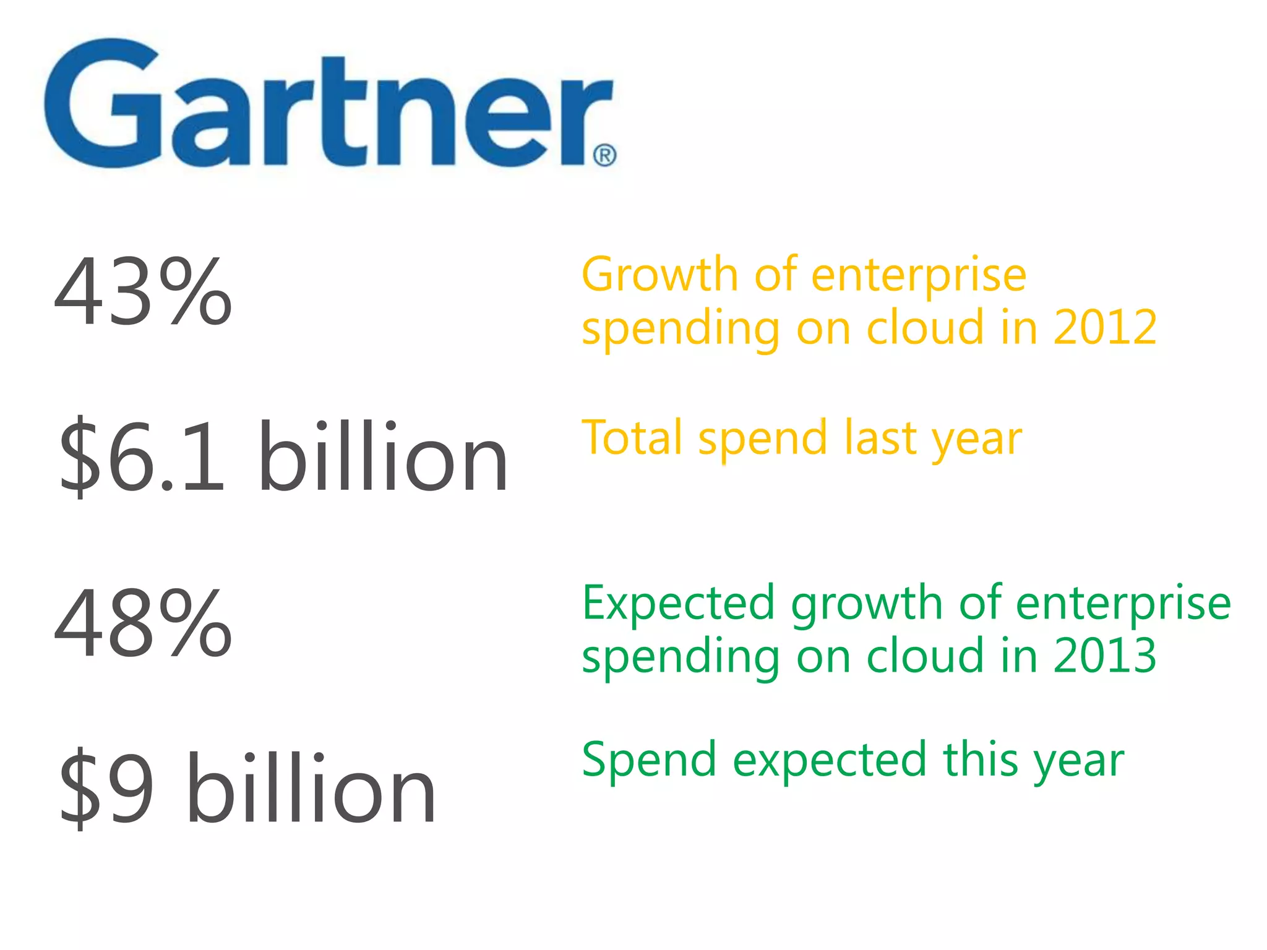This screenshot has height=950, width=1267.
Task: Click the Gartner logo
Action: (328, 105)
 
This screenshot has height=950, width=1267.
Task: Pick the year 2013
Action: (1104, 655)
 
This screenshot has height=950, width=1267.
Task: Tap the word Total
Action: (633, 437)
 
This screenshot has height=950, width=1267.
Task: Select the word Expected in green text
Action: (678, 603)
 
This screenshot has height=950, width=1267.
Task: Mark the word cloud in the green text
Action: (925, 655)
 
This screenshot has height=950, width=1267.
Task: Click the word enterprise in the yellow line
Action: (919, 275)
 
